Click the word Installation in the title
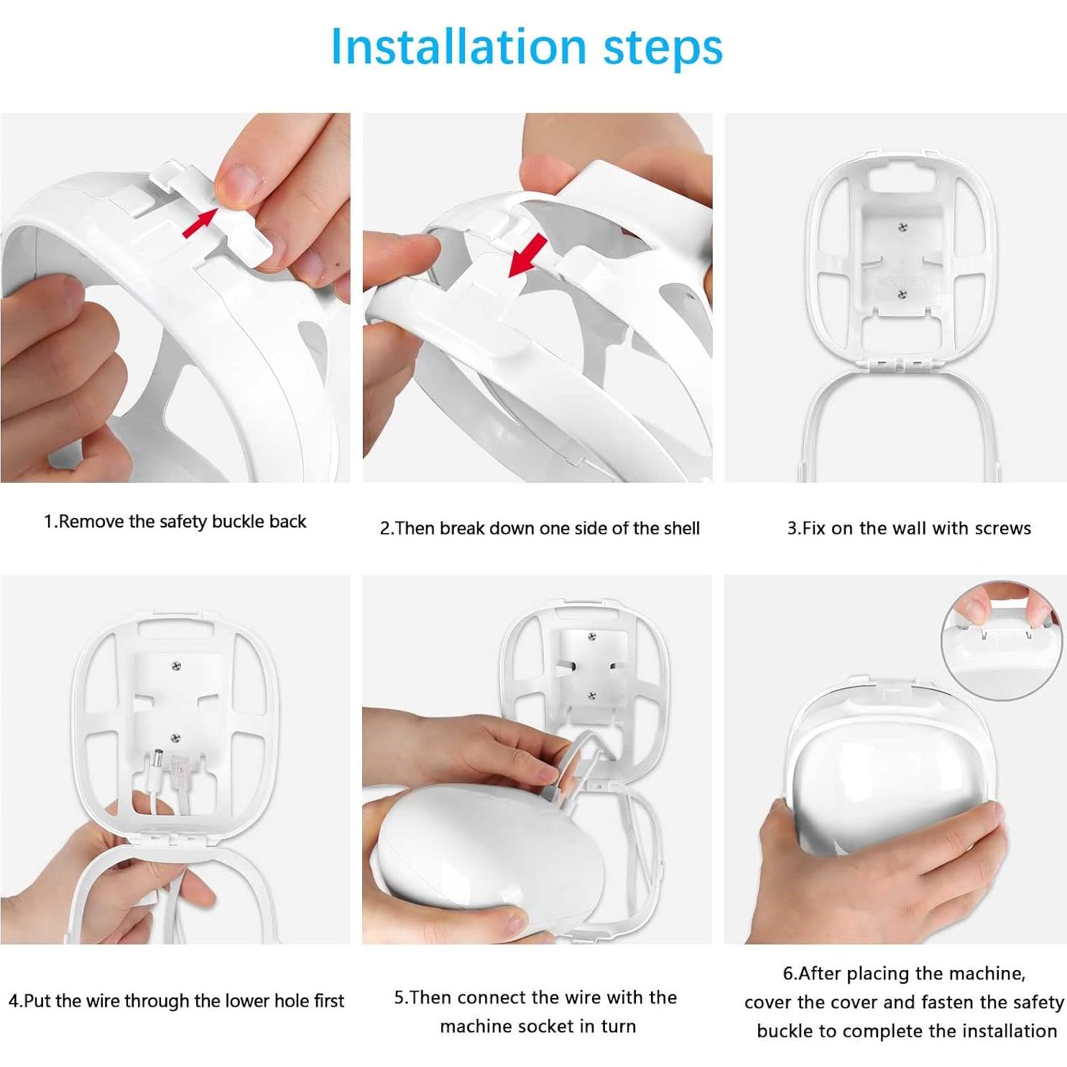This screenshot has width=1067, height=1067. pos(459,47)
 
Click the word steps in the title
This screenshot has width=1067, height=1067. pos(662,48)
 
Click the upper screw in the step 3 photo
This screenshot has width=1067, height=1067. pos(903,228)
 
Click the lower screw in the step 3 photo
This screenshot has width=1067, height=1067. pos(902,294)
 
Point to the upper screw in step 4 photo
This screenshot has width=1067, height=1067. pos(177,666)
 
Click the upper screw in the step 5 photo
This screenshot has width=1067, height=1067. pos(591,637)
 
